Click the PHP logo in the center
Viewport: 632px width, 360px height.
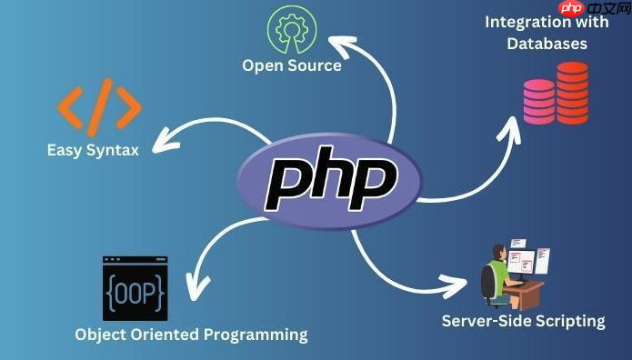tap(329, 179)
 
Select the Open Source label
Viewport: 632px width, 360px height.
tap(292, 65)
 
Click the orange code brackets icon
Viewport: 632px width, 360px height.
tap(100, 106)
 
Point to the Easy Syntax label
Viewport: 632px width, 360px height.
tap(93, 150)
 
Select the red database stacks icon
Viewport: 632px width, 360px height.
tap(556, 93)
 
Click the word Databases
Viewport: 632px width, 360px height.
tap(548, 43)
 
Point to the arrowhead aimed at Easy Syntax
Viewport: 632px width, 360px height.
tap(161, 142)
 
